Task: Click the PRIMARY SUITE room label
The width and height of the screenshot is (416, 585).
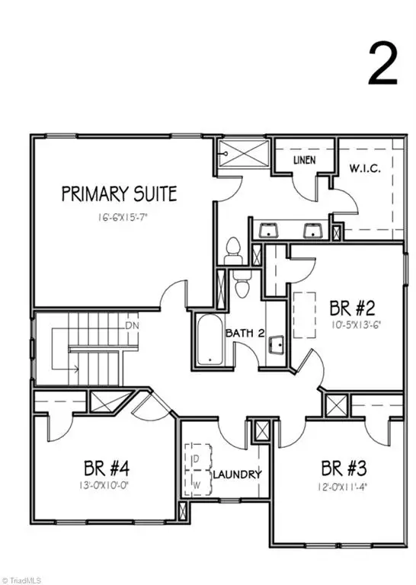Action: pyautogui.click(x=119, y=193)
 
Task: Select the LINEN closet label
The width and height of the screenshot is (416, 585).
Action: pyautogui.click(x=305, y=160)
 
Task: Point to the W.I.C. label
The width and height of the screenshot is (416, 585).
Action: pyautogui.click(x=365, y=168)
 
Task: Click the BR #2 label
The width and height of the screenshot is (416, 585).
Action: pyautogui.click(x=352, y=308)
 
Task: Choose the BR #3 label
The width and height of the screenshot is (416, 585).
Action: pyautogui.click(x=344, y=468)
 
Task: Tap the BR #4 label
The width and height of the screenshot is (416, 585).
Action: pyautogui.click(x=107, y=468)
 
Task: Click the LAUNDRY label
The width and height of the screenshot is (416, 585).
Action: pyautogui.click(x=237, y=475)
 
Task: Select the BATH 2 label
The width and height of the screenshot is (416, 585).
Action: pyautogui.click(x=245, y=333)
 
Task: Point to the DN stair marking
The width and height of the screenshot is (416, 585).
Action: pyautogui.click(x=132, y=325)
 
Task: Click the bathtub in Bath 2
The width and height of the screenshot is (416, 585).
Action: pyautogui.click(x=210, y=340)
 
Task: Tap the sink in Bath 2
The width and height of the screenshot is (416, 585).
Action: pyautogui.click(x=276, y=346)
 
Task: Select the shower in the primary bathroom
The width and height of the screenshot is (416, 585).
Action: pyautogui.click(x=243, y=153)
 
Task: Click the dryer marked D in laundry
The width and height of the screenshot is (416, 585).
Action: pyautogui.click(x=198, y=457)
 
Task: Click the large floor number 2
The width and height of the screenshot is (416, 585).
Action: pyautogui.click(x=382, y=63)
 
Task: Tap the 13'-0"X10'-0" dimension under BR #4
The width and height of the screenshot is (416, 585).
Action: pyautogui.click(x=107, y=485)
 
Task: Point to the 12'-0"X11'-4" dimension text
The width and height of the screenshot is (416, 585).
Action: pyautogui.click(x=343, y=487)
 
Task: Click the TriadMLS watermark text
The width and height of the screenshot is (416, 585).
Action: pyautogui.click(x=21, y=580)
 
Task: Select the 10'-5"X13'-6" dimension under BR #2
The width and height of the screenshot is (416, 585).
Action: pyautogui.click(x=356, y=324)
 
